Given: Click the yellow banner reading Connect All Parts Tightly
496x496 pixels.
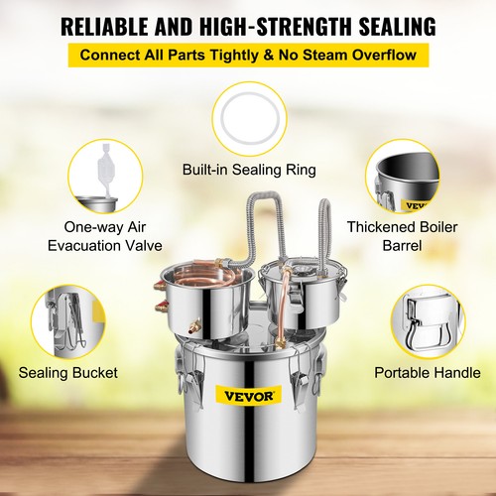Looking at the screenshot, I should click(x=248, y=54).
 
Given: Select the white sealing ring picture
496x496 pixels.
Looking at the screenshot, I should click(x=248, y=116).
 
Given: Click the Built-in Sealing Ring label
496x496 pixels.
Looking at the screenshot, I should click(x=248, y=170).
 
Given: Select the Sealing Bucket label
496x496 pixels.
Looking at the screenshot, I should click(x=68, y=373).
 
